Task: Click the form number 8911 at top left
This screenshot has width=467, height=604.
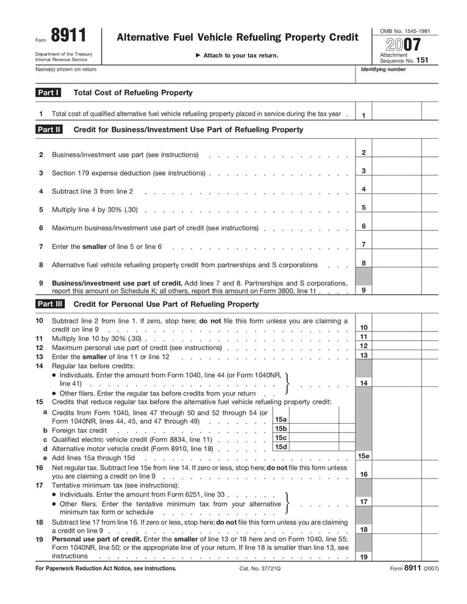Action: (68, 37)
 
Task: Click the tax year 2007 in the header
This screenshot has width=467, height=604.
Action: (402, 45)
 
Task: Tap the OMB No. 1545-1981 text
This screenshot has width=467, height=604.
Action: (405, 30)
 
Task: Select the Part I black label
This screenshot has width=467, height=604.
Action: (48, 93)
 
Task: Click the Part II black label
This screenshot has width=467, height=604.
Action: (49, 130)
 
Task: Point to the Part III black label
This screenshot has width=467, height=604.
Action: (50, 304)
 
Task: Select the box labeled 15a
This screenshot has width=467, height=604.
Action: (281, 420)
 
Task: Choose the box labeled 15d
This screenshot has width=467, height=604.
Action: (281, 447)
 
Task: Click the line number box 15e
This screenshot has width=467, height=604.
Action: (363, 456)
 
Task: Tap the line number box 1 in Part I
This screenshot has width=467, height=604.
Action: (363, 115)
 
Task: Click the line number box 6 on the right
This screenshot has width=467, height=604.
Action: (363, 226)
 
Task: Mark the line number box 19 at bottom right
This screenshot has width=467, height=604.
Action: (363, 557)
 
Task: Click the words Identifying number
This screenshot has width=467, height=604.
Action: (384, 69)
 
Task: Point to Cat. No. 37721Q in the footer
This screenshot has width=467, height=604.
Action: (260, 568)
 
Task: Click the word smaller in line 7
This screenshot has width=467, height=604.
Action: (94, 247)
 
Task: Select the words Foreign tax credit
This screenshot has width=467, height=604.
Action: (79, 430)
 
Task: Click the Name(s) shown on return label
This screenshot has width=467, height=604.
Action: (66, 69)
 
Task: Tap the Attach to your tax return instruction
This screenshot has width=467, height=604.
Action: (236, 55)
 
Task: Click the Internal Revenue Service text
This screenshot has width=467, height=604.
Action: (61, 60)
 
